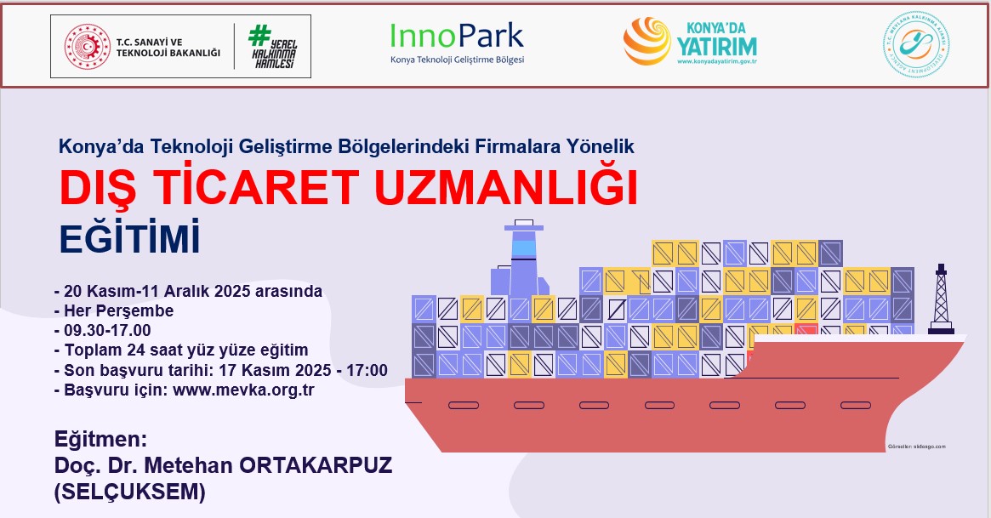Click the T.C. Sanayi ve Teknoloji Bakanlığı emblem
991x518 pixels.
88,47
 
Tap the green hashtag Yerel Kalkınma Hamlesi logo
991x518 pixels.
272,47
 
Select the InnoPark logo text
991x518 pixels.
457,36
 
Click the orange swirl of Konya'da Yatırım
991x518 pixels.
647,42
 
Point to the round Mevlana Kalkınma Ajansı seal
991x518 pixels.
916,45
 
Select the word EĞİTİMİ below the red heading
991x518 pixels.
129,239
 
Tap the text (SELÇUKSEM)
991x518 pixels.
130,492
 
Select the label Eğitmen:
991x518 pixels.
101,441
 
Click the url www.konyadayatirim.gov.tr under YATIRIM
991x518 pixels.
717,61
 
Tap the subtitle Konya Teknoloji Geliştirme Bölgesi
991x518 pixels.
457,60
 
